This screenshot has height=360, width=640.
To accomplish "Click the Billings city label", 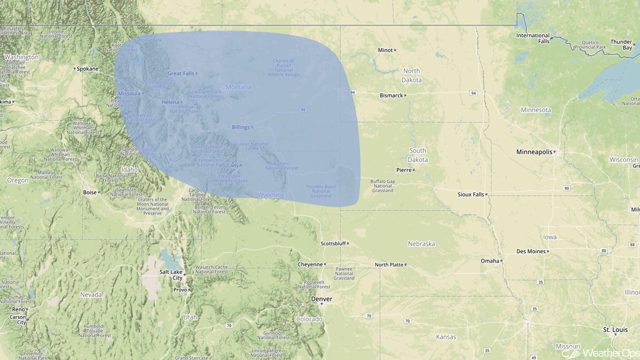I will [240, 127].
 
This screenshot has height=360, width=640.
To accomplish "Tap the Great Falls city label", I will [180, 73].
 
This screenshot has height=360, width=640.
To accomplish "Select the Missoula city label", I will [129, 93].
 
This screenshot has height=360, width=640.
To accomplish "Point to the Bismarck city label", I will [391, 95].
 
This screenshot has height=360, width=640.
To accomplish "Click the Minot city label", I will [385, 50].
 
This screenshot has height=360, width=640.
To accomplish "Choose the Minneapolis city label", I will [534, 151].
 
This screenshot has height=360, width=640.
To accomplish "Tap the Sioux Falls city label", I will [470, 194].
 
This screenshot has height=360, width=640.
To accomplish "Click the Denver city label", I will [321, 299].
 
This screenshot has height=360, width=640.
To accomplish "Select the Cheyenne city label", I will [310, 264].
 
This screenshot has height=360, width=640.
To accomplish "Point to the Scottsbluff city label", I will [332, 243].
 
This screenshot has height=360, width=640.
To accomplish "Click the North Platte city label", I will [388, 264].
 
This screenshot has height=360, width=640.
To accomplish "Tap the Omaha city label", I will [490, 260].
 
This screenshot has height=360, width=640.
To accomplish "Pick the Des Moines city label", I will [530, 251].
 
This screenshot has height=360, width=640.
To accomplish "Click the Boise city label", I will [90, 192].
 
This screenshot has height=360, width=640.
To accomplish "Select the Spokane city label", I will [87, 68].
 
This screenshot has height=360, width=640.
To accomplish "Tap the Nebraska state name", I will [421, 244].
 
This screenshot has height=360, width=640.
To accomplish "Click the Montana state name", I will [238, 87].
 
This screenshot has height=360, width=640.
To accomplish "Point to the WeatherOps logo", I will [600, 353].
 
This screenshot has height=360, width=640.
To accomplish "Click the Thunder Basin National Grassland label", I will [321, 191].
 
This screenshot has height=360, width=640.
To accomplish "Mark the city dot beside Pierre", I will [414, 170].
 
